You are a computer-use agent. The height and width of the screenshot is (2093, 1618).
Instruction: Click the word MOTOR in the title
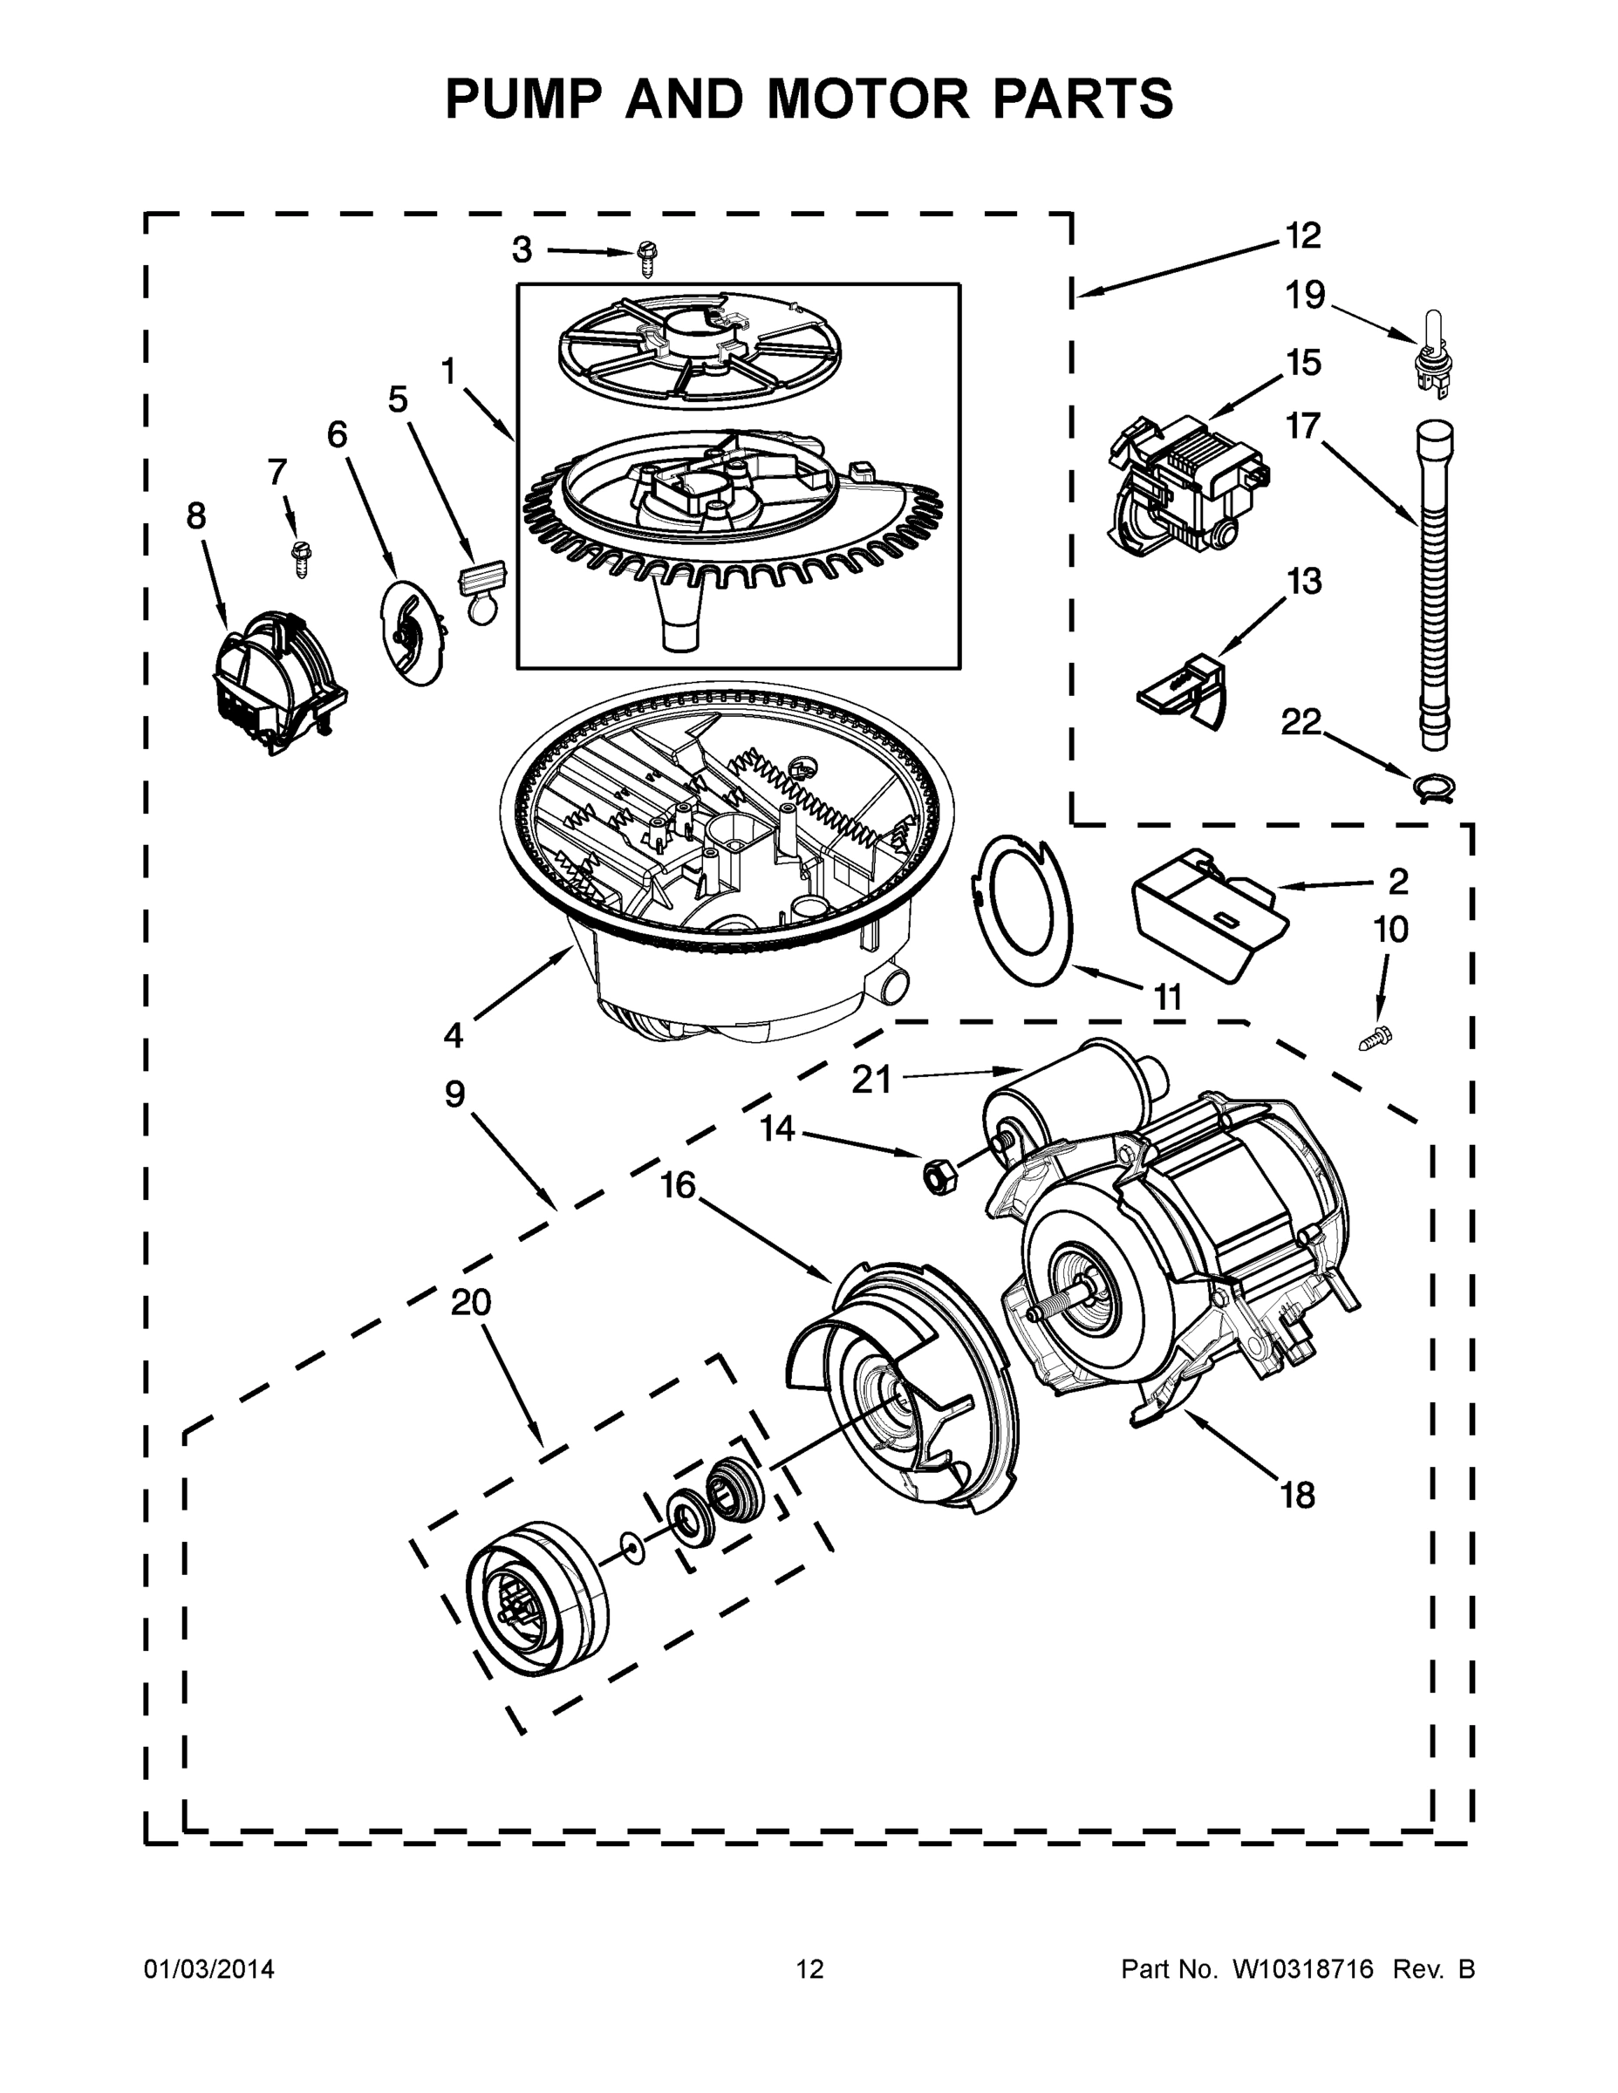point(868,98)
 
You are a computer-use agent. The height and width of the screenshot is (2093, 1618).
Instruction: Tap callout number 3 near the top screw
point(522,250)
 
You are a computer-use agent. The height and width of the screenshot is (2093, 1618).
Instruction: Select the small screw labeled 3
point(647,258)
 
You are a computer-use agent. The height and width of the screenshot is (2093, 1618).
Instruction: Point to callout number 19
point(1306,297)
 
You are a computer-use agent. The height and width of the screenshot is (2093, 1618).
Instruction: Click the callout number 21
point(871,1080)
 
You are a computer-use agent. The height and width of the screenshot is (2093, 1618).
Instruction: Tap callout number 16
point(678,1185)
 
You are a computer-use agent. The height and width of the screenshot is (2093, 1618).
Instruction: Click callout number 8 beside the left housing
point(195,516)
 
